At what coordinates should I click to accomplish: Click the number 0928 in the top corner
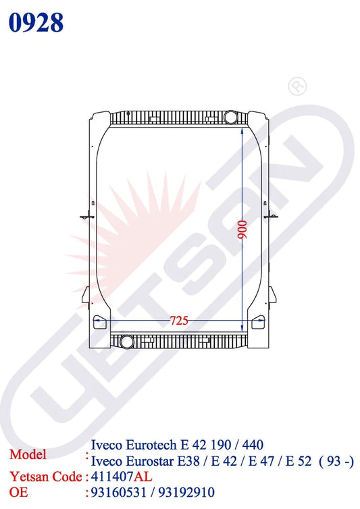click(36, 22)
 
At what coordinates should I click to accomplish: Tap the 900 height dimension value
click(242, 232)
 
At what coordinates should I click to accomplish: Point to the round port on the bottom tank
click(126, 340)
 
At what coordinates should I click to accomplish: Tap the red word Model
click(28, 454)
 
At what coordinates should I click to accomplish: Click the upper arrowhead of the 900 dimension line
click(242, 129)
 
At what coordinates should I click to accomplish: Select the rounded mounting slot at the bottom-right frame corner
click(257, 323)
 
